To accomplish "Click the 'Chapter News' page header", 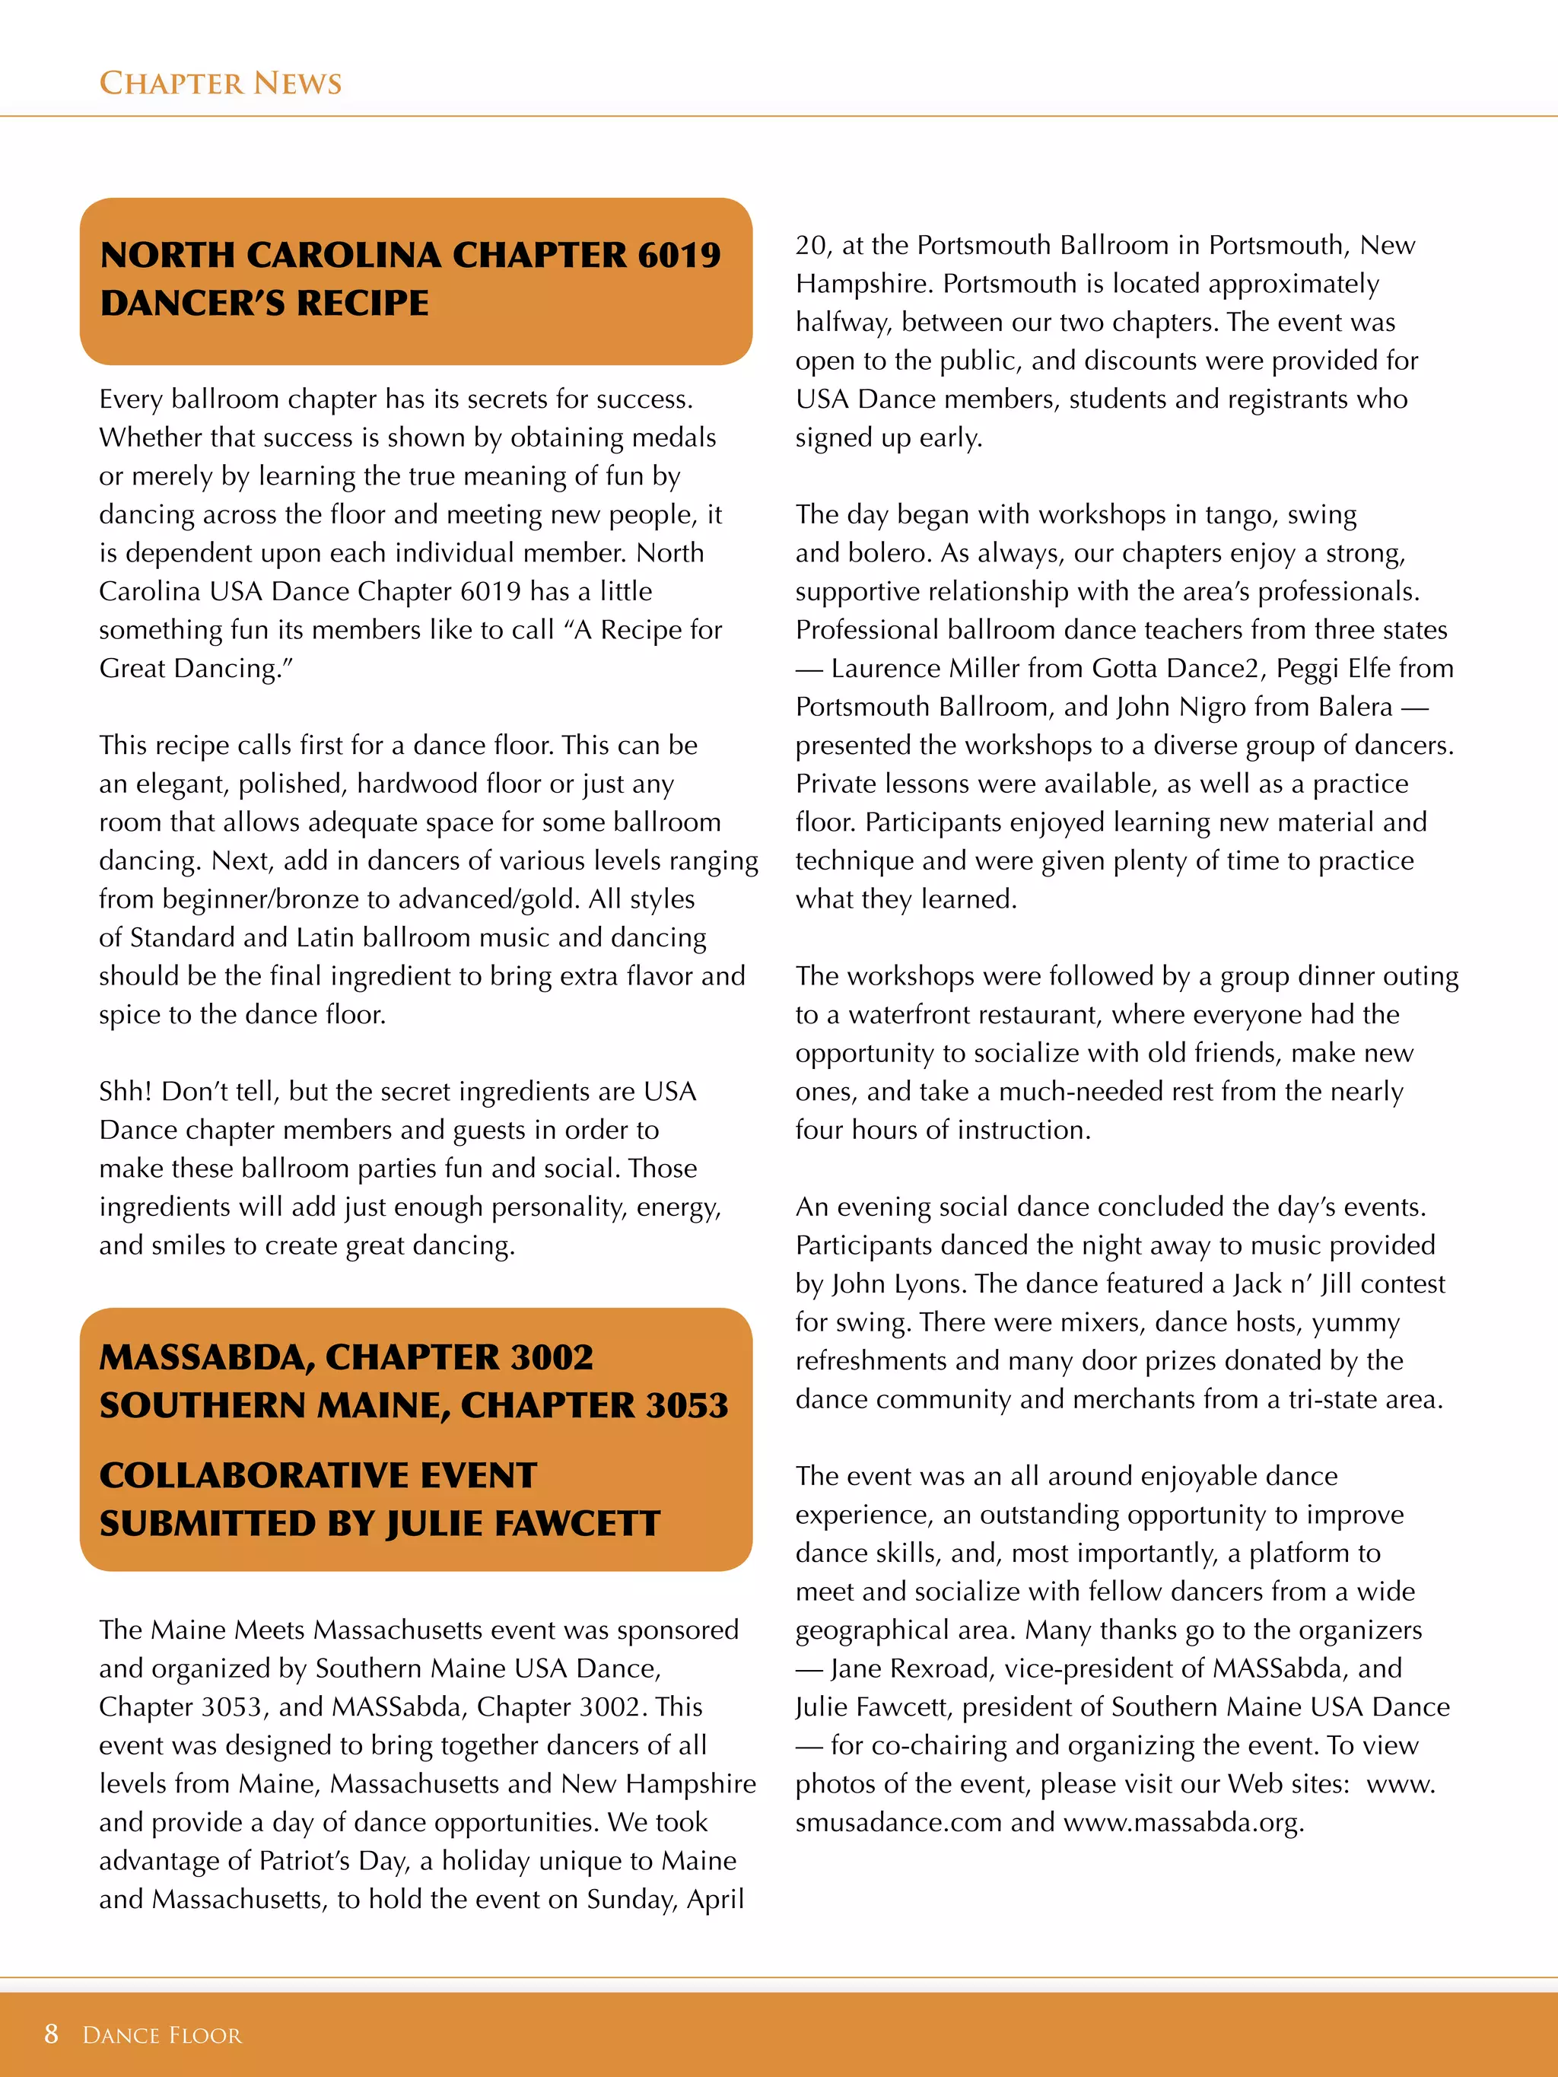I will click(220, 84).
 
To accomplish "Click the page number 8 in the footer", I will click(51, 2033).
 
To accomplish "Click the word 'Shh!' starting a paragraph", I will click(125, 1091).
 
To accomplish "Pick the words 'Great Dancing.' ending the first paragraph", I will click(196, 668).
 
